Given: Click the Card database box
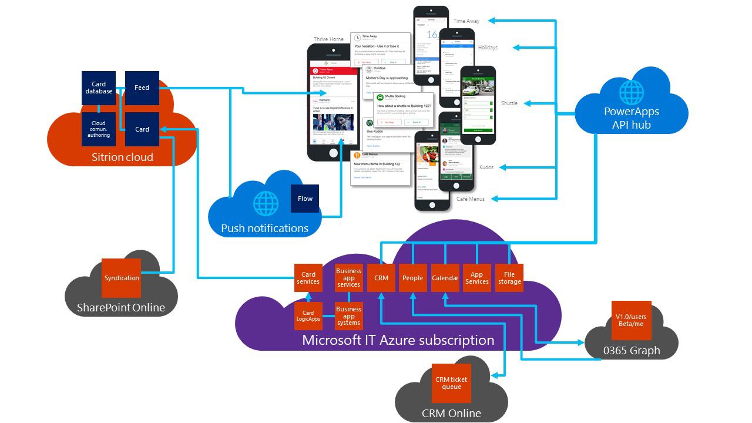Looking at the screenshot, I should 99,88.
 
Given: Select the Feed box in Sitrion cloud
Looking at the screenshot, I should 142,88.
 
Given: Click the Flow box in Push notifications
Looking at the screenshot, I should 305,199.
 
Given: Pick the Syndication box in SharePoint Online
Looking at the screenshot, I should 122,278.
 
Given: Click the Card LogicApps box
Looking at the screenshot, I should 308,316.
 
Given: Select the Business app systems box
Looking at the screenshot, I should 348,316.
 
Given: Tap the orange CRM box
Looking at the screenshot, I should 381,278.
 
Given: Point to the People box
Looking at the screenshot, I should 412,278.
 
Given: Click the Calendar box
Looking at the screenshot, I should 445,278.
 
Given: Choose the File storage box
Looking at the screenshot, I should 509,278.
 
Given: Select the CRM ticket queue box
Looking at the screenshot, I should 451,383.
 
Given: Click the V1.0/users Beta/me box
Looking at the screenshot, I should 632,320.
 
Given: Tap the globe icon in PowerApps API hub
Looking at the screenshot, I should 632,92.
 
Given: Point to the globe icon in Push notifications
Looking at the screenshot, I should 266,203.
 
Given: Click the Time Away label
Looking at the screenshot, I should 466,21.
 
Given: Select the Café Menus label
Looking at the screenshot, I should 471,199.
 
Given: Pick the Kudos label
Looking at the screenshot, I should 486,167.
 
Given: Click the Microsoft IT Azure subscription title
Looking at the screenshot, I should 398,340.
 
